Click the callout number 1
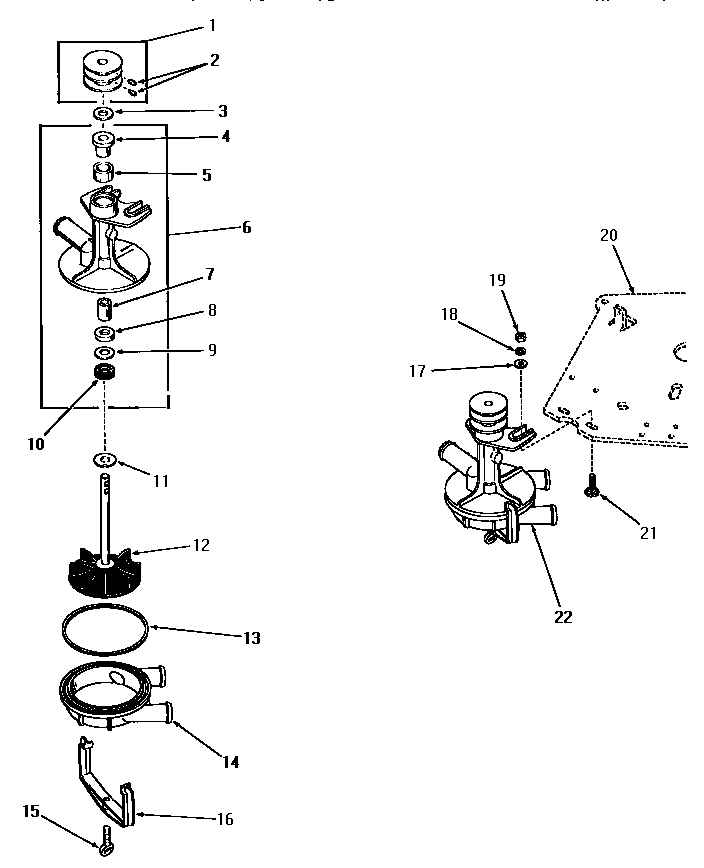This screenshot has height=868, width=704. pyautogui.click(x=212, y=24)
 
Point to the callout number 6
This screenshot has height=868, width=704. pyautogui.click(x=246, y=227)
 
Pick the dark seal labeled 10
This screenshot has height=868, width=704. pyautogui.click(x=101, y=374)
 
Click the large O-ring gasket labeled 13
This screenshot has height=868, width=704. pyautogui.click(x=105, y=631)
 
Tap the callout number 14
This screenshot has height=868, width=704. pyautogui.click(x=231, y=762)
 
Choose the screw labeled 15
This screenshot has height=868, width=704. pyautogui.click(x=103, y=847)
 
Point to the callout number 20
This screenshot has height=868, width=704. pyautogui.click(x=609, y=236)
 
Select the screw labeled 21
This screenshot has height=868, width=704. pyautogui.click(x=592, y=489)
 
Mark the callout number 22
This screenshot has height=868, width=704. pyautogui.click(x=563, y=617)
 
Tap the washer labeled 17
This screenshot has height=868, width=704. pyautogui.click(x=520, y=364)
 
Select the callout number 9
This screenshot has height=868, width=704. pyautogui.click(x=211, y=350)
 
